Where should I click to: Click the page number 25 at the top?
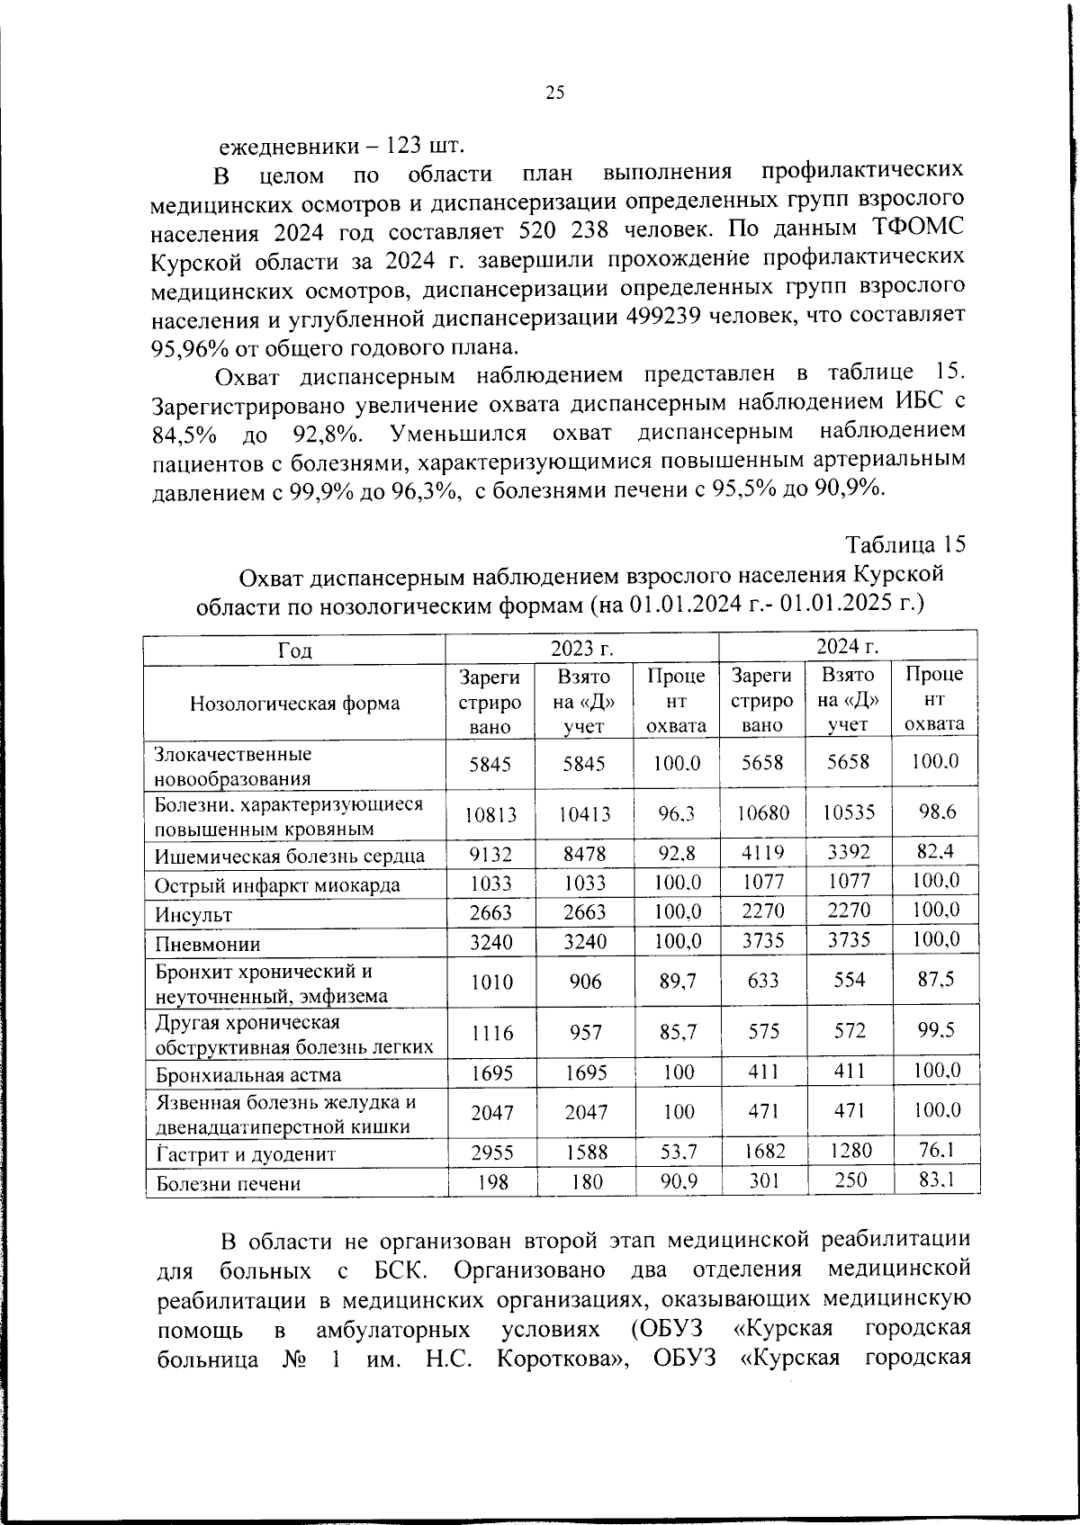click(x=554, y=92)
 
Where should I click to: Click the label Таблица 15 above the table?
click(x=905, y=545)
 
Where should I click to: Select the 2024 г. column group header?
click(x=847, y=646)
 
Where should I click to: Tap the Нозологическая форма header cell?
click(x=294, y=703)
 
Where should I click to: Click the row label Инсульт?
click(x=193, y=914)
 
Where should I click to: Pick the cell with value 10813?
click(x=490, y=814)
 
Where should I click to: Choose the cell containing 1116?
click(x=490, y=1034)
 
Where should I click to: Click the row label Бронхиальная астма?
click(x=248, y=1074)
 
